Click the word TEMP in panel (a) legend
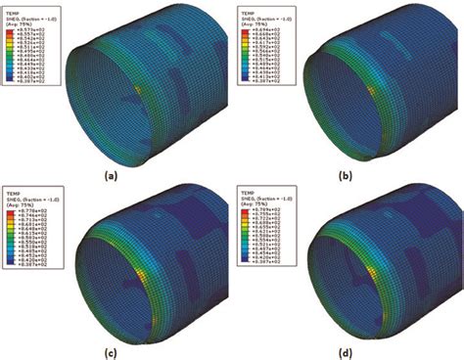(13, 7)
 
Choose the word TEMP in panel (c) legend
(13, 185)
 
